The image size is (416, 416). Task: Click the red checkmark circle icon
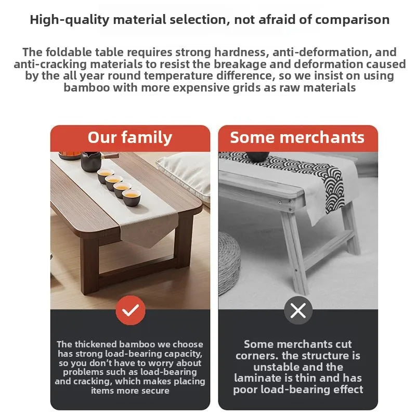tap(130, 310)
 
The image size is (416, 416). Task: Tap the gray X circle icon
tap(298, 310)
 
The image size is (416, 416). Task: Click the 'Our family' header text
tap(129, 137)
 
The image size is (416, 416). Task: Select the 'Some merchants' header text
tap(297, 137)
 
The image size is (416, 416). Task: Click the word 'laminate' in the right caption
tap(257, 378)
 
